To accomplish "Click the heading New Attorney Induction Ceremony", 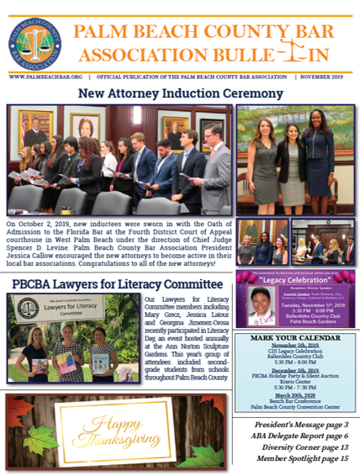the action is tap(179, 93).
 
